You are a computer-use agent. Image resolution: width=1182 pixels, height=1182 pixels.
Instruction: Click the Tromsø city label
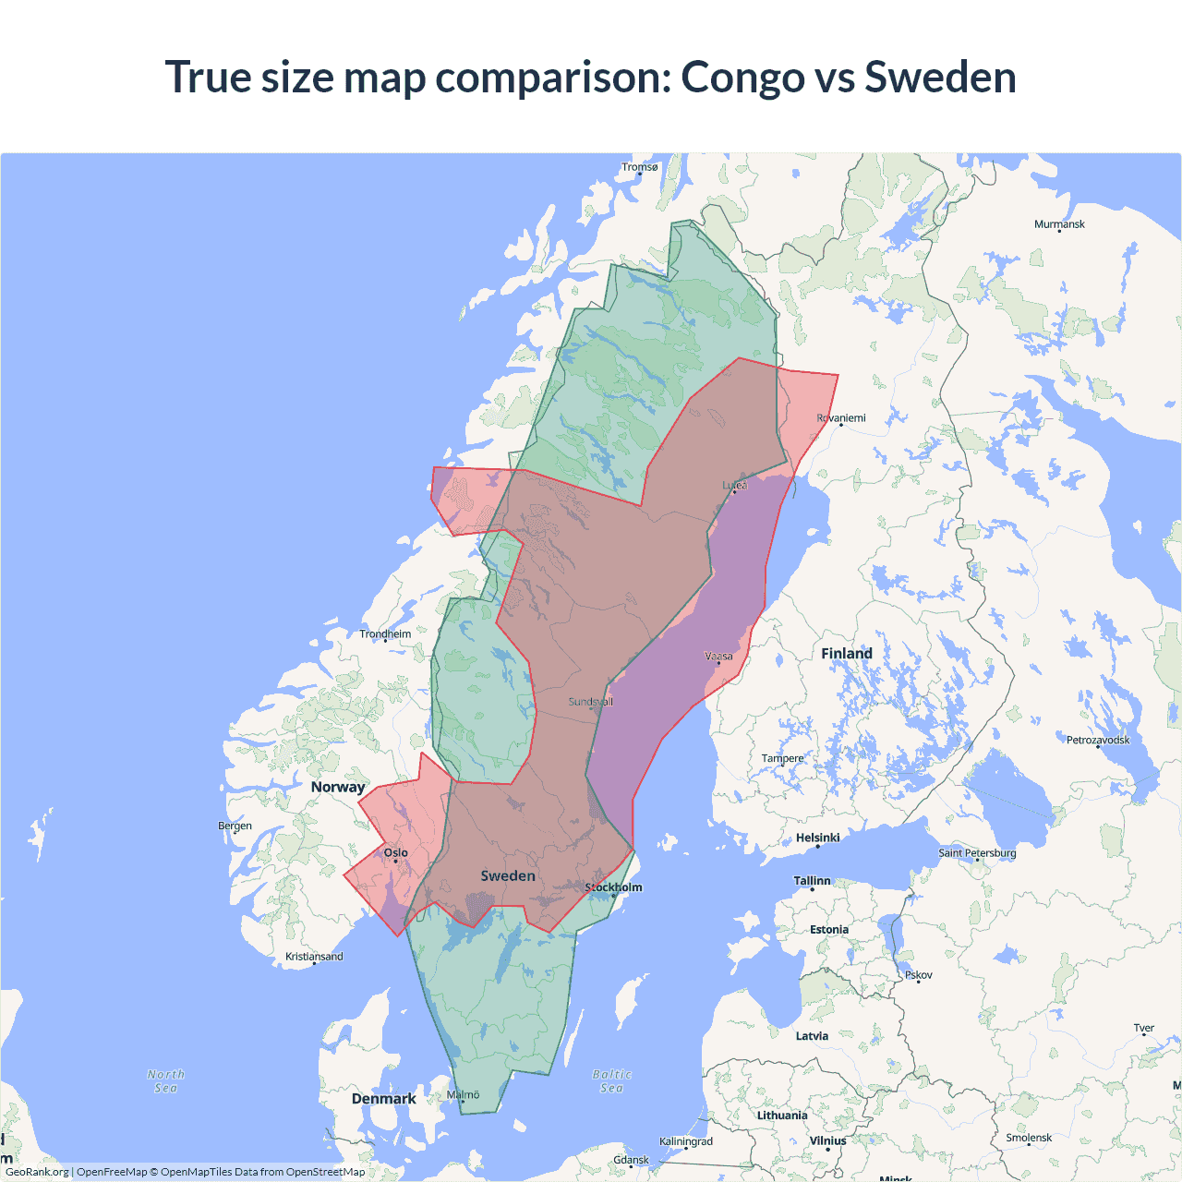tap(640, 167)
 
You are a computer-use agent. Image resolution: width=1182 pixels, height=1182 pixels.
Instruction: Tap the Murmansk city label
tap(1059, 224)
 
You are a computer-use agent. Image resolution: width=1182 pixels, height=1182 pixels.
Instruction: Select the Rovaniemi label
tap(841, 418)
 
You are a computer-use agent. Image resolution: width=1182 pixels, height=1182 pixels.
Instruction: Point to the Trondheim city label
tap(385, 634)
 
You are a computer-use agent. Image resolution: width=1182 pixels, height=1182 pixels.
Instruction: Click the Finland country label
tap(847, 654)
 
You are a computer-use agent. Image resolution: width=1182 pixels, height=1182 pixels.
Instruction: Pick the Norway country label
tap(338, 787)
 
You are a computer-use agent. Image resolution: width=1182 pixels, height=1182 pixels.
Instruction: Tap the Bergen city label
tap(235, 826)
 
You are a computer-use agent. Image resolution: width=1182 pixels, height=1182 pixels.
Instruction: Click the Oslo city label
tap(396, 852)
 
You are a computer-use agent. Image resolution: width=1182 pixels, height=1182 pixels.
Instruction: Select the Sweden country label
tap(508, 875)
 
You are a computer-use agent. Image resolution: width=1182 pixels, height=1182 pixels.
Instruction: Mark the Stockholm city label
tap(614, 887)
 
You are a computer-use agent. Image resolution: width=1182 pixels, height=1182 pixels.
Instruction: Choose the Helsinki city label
tap(818, 838)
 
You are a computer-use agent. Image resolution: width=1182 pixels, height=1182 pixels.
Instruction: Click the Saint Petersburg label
tap(977, 852)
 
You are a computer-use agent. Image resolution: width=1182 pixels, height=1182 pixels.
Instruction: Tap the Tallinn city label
tap(813, 881)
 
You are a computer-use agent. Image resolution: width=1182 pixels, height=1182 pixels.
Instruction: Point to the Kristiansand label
tap(314, 957)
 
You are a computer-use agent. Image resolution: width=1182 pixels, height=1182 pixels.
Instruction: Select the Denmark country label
tap(383, 1099)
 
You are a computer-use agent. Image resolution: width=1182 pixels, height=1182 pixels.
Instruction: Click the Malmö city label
tap(464, 1094)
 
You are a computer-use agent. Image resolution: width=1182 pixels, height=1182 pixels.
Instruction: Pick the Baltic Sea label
tap(611, 1081)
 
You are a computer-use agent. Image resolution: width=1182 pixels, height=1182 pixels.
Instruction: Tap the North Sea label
tap(166, 1081)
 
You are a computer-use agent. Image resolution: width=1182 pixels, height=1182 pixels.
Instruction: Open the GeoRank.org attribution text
tap(37, 1172)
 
